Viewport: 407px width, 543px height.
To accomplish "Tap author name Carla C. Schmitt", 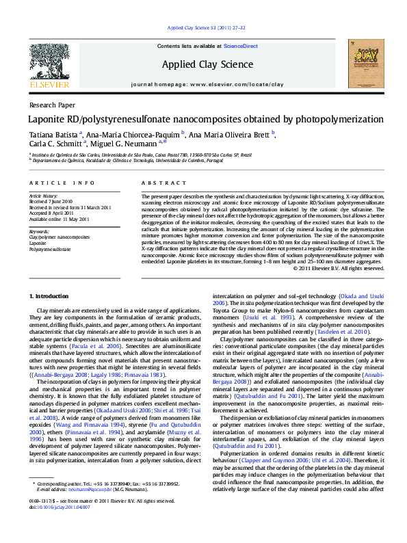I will coord(55,144).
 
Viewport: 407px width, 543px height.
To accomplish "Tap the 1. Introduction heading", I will coord(50,295).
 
